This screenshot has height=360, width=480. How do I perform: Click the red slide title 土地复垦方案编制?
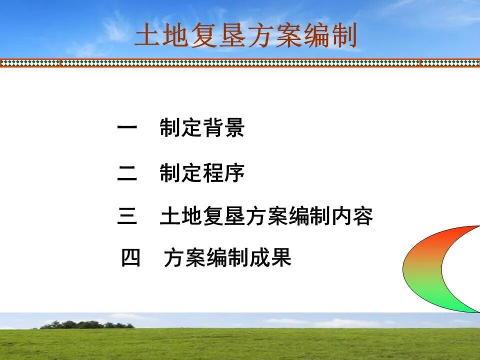[x=246, y=36]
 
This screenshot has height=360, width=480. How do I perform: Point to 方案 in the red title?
[x=274, y=36]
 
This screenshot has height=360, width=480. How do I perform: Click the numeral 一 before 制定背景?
[x=127, y=128]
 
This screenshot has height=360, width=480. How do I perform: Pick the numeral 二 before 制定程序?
[x=127, y=173]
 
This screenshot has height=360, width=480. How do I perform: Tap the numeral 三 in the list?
[x=127, y=216]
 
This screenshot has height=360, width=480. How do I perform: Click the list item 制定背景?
[x=202, y=128]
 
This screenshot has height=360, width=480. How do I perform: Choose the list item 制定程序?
[x=202, y=173]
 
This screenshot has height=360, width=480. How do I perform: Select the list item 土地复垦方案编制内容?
[x=266, y=216]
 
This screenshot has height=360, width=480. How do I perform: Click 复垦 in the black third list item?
[x=224, y=216]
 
